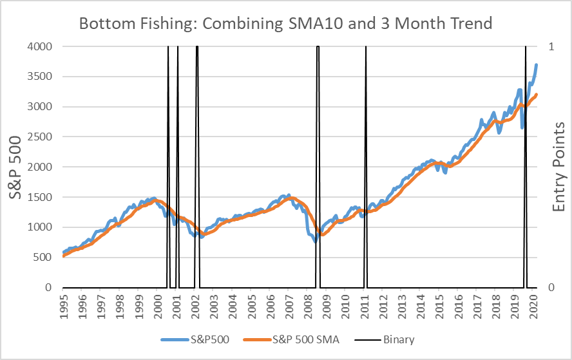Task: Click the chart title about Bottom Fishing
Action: click(285, 24)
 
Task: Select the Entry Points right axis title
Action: click(557, 167)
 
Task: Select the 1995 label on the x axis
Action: click(64, 307)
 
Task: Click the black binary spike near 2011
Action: click(366, 161)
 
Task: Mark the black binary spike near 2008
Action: click(318, 161)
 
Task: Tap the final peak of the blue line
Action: click(537, 64)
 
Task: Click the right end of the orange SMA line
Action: click(537, 95)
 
